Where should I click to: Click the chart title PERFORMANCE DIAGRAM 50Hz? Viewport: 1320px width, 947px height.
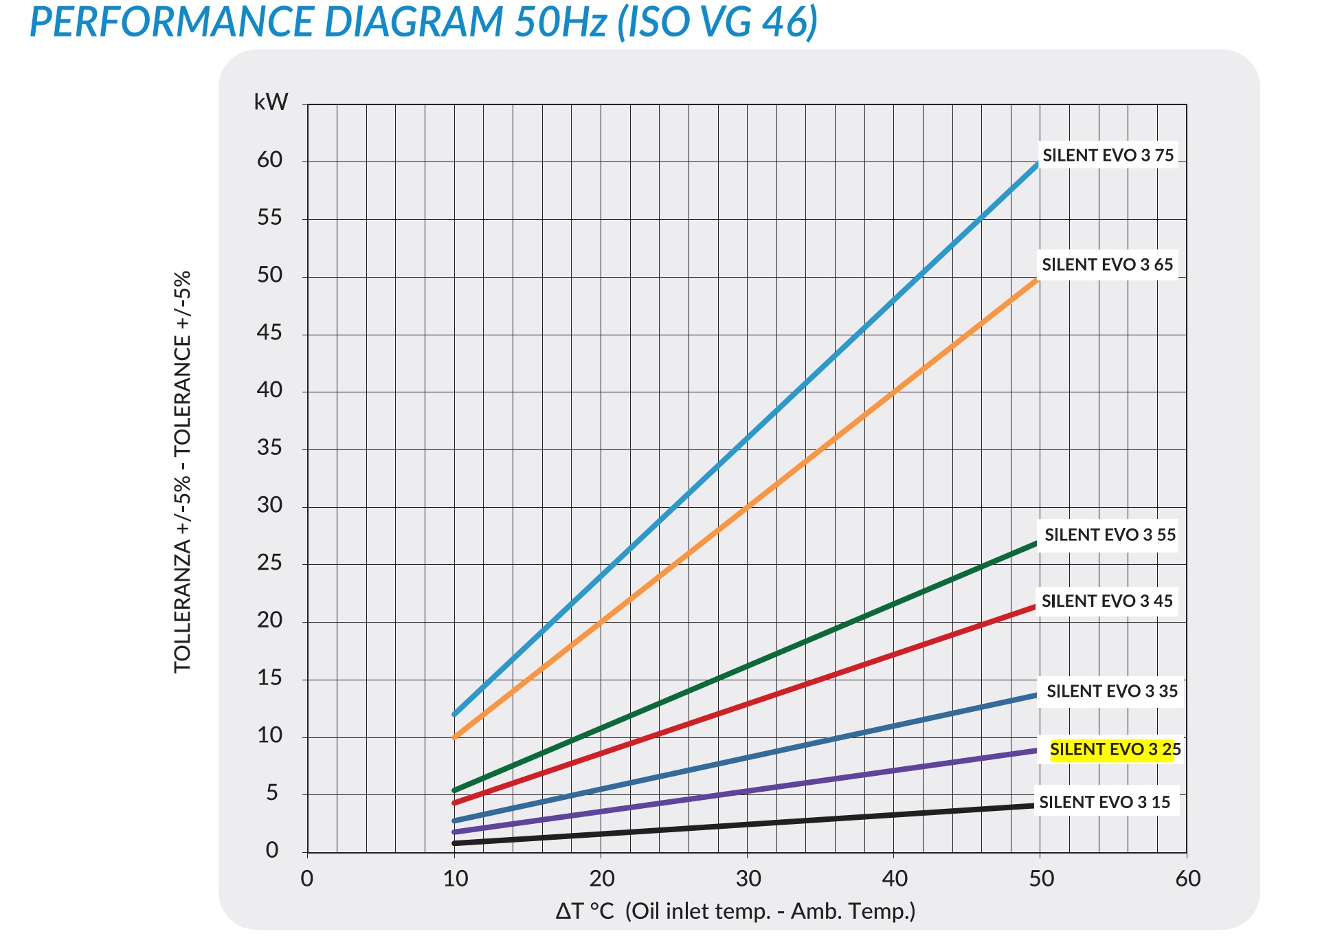(x=423, y=22)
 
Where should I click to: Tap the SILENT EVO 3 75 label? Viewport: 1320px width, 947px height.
(x=1108, y=155)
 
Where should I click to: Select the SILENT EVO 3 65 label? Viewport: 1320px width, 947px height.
(x=1107, y=265)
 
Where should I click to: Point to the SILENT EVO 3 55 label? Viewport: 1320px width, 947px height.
(x=1110, y=535)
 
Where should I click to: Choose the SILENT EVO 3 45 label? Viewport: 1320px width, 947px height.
(x=1107, y=601)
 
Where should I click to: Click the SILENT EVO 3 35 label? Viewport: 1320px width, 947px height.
(x=1112, y=691)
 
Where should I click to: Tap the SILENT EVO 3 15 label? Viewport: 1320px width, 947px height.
(x=1104, y=802)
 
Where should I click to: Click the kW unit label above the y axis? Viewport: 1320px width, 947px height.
(x=271, y=102)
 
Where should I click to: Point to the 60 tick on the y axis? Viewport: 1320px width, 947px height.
(x=270, y=160)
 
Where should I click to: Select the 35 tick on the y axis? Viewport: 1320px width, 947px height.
(x=270, y=448)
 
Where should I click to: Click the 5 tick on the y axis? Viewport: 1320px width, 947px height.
(x=272, y=793)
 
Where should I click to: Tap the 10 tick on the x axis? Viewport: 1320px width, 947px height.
(x=455, y=879)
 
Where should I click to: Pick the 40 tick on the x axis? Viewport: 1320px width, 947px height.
(x=894, y=879)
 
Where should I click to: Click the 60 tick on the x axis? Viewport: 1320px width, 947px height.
(x=1187, y=879)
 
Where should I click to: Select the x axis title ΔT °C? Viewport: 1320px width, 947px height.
(x=735, y=911)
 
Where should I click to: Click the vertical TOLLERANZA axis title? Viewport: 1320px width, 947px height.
(x=183, y=472)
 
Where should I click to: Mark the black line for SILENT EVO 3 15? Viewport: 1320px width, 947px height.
(x=747, y=824)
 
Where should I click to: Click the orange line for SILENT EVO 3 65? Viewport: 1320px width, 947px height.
(x=747, y=506)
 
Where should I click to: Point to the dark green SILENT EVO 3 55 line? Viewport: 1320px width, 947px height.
(x=747, y=667)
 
